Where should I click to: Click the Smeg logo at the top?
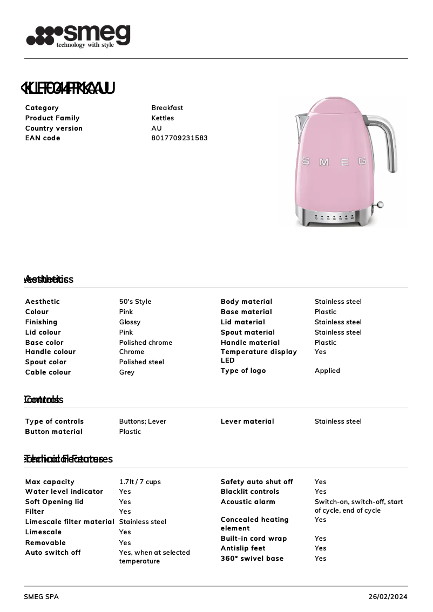tap(79, 36)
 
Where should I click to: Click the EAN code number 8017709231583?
tap(179, 138)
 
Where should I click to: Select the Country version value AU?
tap(156, 128)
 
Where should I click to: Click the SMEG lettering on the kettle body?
tap(333, 162)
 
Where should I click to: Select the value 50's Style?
tap(135, 302)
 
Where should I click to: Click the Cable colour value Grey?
tap(126, 372)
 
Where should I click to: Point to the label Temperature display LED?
tap(258, 356)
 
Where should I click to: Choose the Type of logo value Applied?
tap(327, 371)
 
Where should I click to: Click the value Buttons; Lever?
tap(143, 421)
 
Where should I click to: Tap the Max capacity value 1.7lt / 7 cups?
tap(140, 482)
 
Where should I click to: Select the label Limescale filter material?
tap(70, 522)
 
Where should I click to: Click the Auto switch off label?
tap(53, 553)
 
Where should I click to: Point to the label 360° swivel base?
tap(252, 559)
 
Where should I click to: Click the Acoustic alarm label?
tap(248, 502)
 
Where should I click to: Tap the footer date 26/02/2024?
tap(388, 597)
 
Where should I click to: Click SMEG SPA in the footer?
tap(41, 597)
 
